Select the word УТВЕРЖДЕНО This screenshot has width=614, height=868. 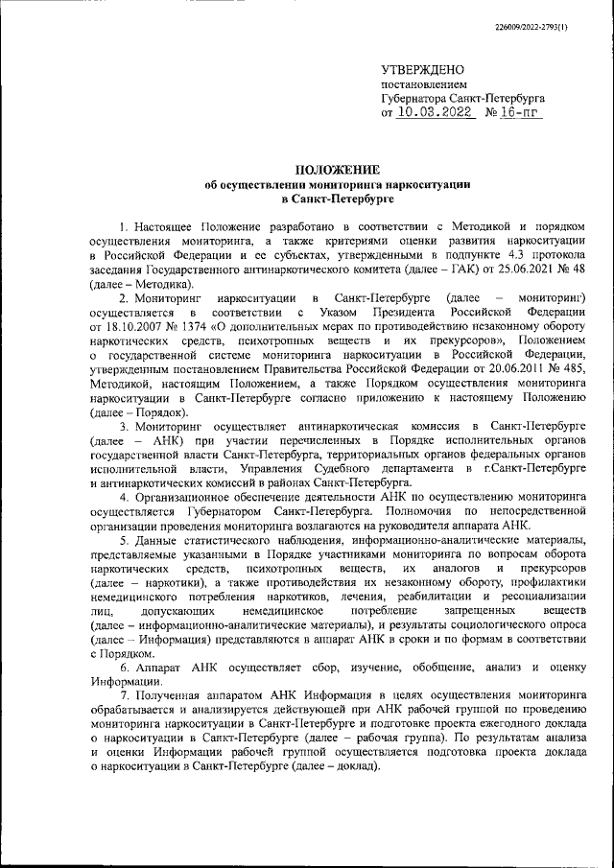click(422, 70)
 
